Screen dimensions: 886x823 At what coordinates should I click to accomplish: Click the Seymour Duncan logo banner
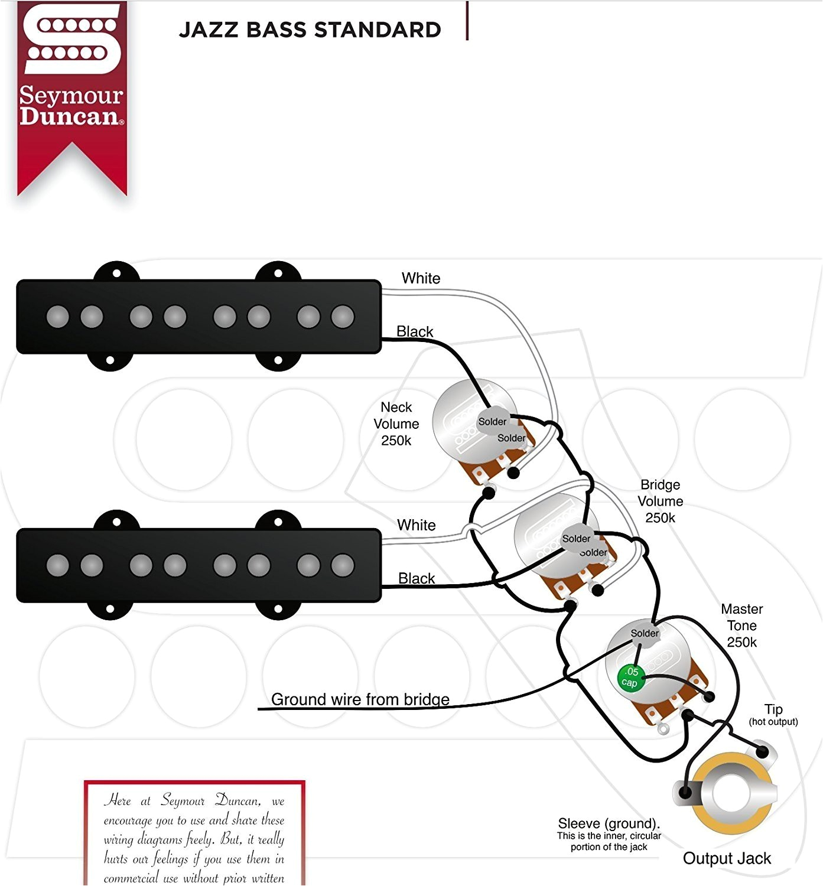pyautogui.click(x=71, y=95)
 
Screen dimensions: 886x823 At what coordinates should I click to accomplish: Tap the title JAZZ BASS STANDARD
pyautogui.click(x=310, y=30)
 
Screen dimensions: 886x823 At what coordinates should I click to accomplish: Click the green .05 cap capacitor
pyautogui.click(x=630, y=677)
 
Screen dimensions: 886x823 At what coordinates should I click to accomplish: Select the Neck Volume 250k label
pyautogui.click(x=396, y=424)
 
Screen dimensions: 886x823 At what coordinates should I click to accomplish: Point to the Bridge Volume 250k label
pyautogui.click(x=661, y=501)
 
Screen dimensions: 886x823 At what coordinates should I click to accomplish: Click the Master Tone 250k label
pyautogui.click(x=742, y=626)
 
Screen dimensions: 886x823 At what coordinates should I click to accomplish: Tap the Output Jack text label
pyautogui.click(x=727, y=858)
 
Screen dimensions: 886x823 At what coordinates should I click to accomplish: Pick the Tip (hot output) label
pyautogui.click(x=773, y=714)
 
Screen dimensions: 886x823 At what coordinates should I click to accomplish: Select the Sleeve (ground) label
pyautogui.click(x=609, y=833)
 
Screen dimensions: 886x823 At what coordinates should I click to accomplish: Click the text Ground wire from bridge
pyautogui.click(x=360, y=699)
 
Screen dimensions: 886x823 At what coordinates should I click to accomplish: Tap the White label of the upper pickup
pyautogui.click(x=421, y=278)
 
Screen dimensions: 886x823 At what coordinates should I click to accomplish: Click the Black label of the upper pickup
pyautogui.click(x=415, y=331)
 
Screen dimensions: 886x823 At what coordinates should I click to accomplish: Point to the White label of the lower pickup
pyautogui.click(x=416, y=525)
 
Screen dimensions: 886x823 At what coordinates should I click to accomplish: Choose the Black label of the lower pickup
pyautogui.click(x=417, y=578)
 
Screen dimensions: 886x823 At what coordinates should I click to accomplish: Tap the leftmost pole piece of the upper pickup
pyautogui.click(x=57, y=317)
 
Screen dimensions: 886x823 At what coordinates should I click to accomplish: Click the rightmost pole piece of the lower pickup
pyautogui.click(x=343, y=565)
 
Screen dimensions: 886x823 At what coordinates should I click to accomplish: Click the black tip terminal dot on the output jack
pyautogui.click(x=763, y=752)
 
